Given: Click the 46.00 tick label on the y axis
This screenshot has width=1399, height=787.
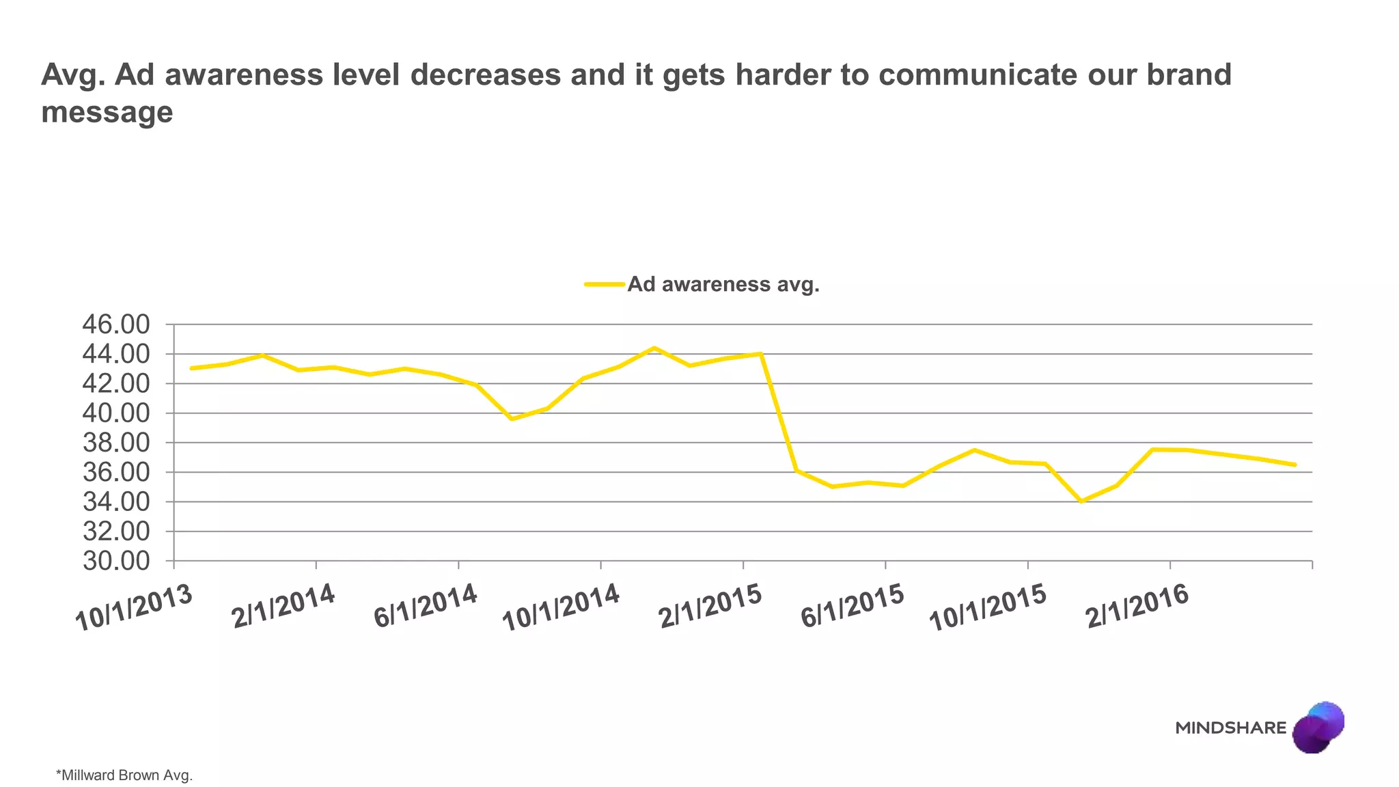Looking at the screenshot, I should pyautogui.click(x=116, y=325).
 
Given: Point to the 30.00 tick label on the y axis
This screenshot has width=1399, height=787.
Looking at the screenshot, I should pyautogui.click(x=116, y=562).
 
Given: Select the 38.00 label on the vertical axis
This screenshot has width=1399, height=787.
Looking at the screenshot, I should pyautogui.click(x=116, y=443).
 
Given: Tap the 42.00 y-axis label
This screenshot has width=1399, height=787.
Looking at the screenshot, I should pyautogui.click(x=116, y=384).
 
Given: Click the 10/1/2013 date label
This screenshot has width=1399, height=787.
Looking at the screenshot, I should pyautogui.click(x=134, y=607).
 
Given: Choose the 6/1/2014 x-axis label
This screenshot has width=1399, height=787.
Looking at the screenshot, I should pyautogui.click(x=425, y=606).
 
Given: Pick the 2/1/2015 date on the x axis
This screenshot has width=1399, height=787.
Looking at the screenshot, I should pyautogui.click(x=710, y=606).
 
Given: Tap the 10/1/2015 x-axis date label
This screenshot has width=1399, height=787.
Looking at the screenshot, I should pyautogui.click(x=988, y=607).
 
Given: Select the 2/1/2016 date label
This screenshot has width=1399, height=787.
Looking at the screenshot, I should pyautogui.click(x=1137, y=606).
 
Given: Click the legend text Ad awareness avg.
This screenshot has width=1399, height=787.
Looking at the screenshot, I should pyautogui.click(x=723, y=284).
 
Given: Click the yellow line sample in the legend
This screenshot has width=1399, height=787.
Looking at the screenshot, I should pyautogui.click(x=605, y=284).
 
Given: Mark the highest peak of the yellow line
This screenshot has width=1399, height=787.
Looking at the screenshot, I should pyautogui.click(x=654, y=348).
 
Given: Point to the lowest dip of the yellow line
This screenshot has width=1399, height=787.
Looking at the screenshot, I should pyautogui.click(x=1081, y=501).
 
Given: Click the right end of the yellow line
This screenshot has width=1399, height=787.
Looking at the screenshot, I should pyautogui.click(x=1294, y=465).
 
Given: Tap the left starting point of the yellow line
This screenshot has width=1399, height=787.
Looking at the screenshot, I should pyautogui.click(x=191, y=368).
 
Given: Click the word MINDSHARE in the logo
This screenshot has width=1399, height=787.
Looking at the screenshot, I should pyautogui.click(x=1230, y=728).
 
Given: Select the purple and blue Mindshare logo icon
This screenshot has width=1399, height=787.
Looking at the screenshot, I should pyautogui.click(x=1318, y=728).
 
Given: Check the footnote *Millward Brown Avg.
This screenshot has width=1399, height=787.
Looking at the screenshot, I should pyautogui.click(x=124, y=775).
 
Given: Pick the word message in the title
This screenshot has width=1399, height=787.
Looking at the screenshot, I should pyautogui.click(x=107, y=112).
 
